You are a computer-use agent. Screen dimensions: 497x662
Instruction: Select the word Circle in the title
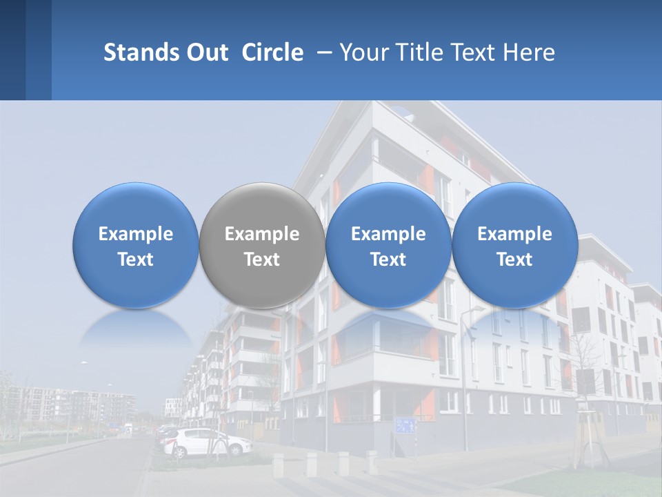(x=272, y=52)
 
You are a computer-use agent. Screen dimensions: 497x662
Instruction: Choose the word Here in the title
(x=528, y=52)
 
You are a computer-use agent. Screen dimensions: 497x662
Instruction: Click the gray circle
(x=262, y=245)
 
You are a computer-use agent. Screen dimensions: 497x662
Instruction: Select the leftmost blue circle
(x=135, y=245)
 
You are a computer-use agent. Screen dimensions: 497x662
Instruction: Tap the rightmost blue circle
(x=514, y=245)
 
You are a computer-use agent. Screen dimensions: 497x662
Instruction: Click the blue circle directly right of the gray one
(x=388, y=245)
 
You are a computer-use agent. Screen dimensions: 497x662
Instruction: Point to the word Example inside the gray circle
(x=262, y=234)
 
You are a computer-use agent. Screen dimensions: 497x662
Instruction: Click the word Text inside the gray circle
(x=262, y=260)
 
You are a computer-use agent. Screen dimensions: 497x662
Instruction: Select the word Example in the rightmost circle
(x=514, y=234)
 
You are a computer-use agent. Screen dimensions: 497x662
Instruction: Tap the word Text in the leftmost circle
(x=135, y=260)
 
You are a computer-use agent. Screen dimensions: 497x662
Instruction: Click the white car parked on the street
(x=207, y=442)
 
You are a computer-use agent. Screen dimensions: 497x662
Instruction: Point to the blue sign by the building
(x=405, y=425)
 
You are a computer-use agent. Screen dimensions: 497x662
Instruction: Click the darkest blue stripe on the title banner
(x=12, y=50)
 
